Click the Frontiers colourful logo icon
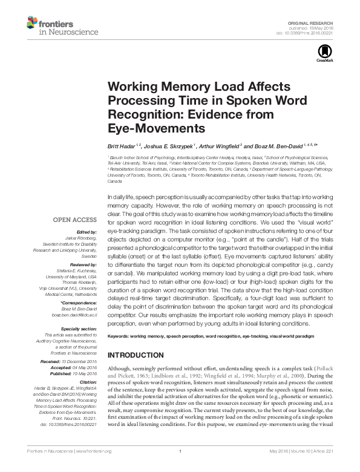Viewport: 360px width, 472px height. click(29, 24)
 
